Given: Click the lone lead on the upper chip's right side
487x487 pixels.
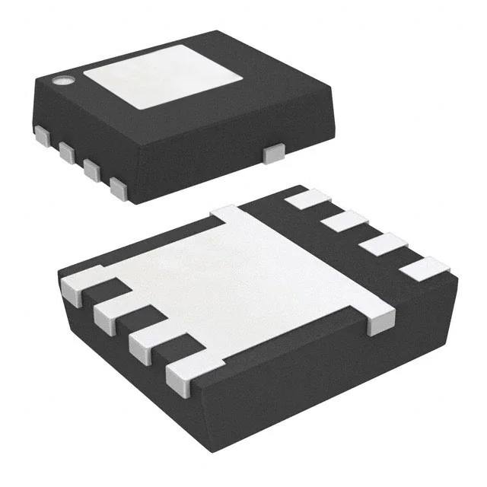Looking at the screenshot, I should [x=272, y=154].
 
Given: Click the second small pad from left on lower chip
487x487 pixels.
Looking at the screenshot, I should [x=111, y=312].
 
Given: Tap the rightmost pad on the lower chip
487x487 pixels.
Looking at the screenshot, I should [x=426, y=267].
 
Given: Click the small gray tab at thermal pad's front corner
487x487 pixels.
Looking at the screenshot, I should [x=378, y=324].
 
